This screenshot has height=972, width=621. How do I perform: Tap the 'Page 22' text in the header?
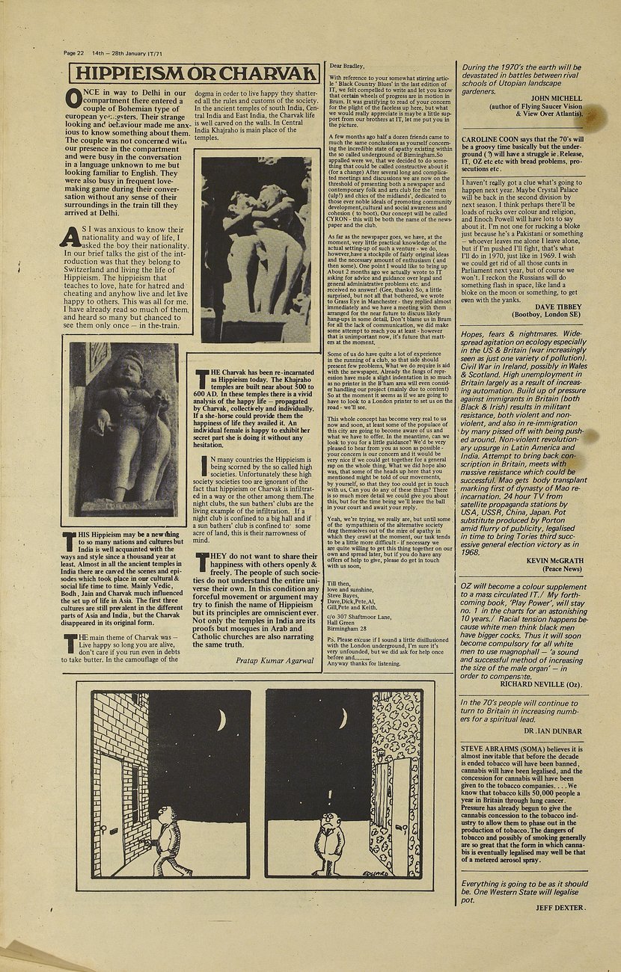74,53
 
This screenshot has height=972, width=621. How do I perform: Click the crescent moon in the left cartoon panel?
221,720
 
